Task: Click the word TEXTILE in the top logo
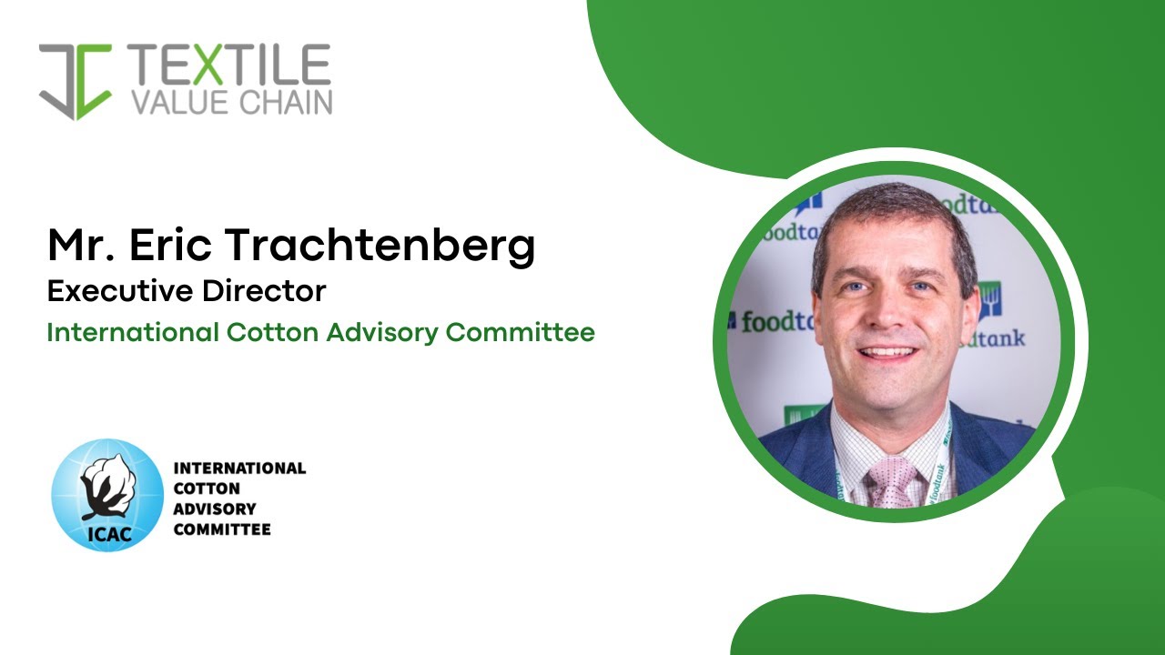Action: pos(229,65)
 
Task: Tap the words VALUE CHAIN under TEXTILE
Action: pos(231,103)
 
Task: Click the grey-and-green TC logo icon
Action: pos(76,80)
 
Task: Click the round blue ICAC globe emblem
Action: pos(107,494)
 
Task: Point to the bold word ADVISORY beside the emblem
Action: pos(215,509)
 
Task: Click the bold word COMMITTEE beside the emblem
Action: pos(222,529)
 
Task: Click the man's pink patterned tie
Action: pos(890,479)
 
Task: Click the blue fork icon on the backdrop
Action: pos(990,299)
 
